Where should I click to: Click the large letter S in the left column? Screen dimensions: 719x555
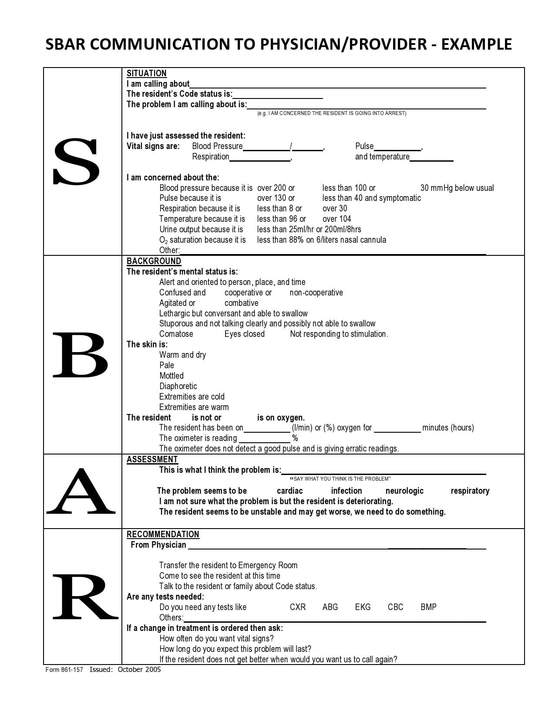click(x=76, y=161)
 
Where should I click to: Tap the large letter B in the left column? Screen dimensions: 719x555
click(x=80, y=355)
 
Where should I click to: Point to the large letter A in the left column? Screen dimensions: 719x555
click(x=81, y=491)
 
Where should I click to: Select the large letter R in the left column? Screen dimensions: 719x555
click(x=84, y=597)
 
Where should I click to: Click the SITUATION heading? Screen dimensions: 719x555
click(x=147, y=73)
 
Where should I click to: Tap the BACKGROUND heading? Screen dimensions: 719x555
click(x=154, y=261)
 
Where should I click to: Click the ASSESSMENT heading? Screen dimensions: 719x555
click(x=152, y=459)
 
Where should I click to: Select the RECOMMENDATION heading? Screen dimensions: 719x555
click(x=163, y=534)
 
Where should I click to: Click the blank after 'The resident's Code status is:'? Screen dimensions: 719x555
click(x=278, y=95)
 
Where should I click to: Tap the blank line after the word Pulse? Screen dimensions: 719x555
click(x=397, y=147)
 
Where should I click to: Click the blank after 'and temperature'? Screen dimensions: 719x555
click(x=431, y=158)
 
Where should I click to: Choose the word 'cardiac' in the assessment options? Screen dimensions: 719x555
click(x=290, y=491)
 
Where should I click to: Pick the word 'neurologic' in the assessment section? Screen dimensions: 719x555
click(x=404, y=491)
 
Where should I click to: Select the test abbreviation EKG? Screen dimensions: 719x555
click(x=363, y=607)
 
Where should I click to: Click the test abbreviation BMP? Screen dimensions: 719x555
click(x=428, y=607)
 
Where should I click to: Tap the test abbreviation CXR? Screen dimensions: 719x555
click(x=298, y=607)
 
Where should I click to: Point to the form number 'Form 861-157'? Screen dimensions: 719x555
click(x=64, y=670)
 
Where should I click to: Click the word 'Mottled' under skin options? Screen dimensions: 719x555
click(x=172, y=376)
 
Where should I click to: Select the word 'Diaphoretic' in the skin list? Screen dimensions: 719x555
click(x=178, y=386)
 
